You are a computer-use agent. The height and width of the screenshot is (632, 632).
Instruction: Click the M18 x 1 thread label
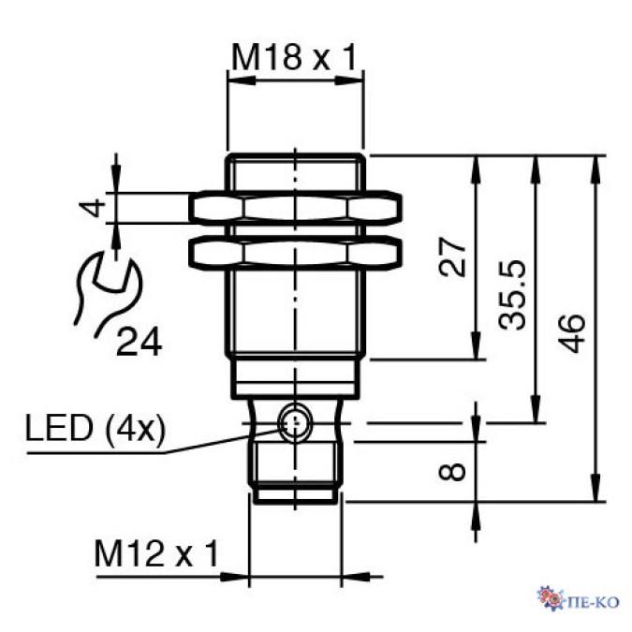[295, 59]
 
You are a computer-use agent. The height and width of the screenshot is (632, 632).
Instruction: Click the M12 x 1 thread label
[155, 554]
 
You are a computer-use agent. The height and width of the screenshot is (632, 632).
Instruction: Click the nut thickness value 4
[92, 207]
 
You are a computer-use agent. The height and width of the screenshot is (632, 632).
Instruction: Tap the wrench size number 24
[139, 342]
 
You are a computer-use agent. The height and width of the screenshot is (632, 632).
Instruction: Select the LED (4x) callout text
[96, 431]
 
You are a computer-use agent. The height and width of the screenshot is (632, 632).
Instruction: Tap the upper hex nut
[295, 208]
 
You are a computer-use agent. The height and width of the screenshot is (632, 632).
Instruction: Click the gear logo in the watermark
[549, 597]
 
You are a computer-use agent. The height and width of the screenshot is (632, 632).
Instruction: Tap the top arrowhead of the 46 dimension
[595, 163]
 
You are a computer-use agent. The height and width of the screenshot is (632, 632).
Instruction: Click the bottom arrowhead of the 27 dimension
[478, 351]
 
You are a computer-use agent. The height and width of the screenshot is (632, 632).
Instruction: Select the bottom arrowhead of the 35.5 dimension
[536, 414]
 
